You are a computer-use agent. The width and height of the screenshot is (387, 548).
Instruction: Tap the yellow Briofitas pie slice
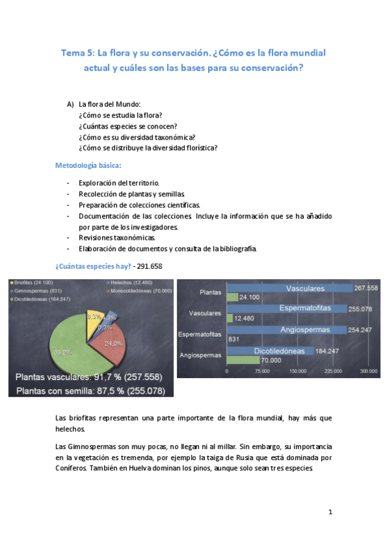pyautogui.click(x=92, y=319)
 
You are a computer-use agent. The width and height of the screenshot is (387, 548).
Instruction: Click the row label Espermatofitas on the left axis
pyautogui.click(x=200, y=334)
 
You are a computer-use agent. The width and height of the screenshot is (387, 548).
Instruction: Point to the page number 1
pyautogui.click(x=329, y=512)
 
